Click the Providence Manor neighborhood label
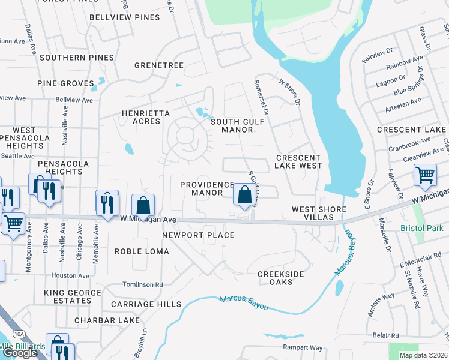pyautogui.click(x=207, y=188)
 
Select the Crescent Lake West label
pyautogui.click(x=298, y=161)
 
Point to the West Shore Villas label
pyautogui.click(x=319, y=213)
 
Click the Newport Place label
pyautogui.click(x=198, y=235)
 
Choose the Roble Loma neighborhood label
pyautogui.click(x=142, y=251)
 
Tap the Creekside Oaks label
pyautogui.click(x=280, y=278)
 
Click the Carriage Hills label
pyautogui.click(x=146, y=304)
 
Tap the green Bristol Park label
pyautogui.click(x=422, y=228)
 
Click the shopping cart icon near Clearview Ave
pyautogui.click(x=425, y=175)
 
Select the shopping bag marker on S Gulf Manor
pyautogui.click(x=244, y=195)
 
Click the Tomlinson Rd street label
pyautogui.click(x=142, y=285)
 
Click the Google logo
pyautogui.click(x=20, y=353)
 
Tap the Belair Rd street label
pyautogui.click(x=385, y=336)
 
